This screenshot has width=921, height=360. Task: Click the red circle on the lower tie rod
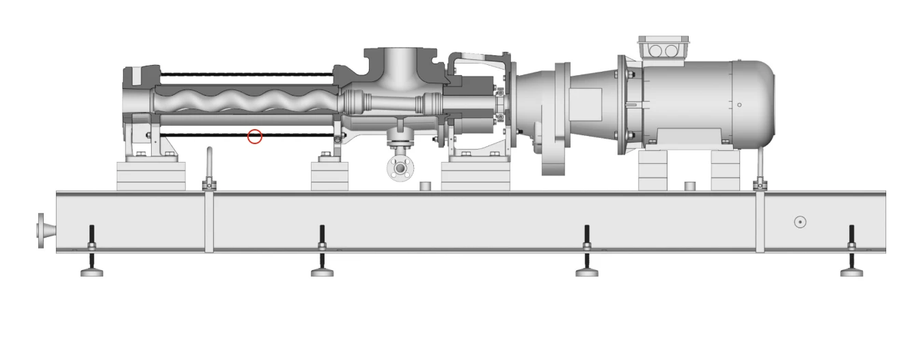255,137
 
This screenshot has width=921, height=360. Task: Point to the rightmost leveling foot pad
851,273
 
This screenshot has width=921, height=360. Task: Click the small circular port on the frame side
800,222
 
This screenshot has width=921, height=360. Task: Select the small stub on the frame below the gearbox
425,186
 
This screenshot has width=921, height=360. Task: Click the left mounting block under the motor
655,171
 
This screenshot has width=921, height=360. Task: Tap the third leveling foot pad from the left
586,273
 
